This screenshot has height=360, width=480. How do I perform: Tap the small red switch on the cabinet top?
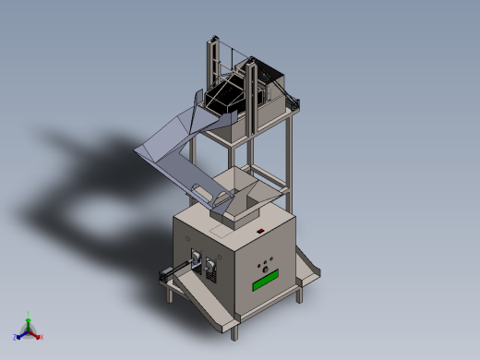pos(261,230)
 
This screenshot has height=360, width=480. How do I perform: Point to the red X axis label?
pos(42,337)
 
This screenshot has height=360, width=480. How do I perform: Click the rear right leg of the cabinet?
pos(302,294)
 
